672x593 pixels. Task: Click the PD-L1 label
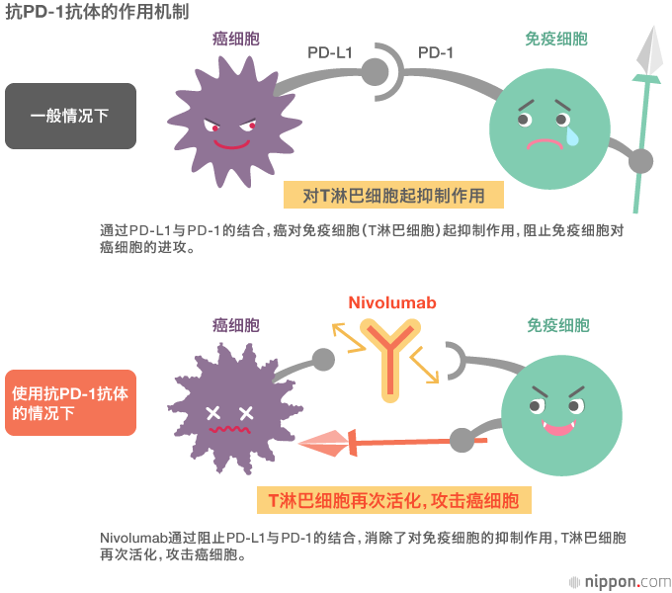pyautogui.click(x=330, y=52)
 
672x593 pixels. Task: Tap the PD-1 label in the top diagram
pyautogui.click(x=435, y=52)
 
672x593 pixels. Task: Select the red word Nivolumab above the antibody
pyautogui.click(x=391, y=303)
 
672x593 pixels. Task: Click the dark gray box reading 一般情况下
pyautogui.click(x=70, y=116)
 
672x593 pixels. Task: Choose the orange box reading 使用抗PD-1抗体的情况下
pyautogui.click(x=70, y=403)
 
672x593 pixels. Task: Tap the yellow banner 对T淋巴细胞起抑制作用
pyautogui.click(x=393, y=196)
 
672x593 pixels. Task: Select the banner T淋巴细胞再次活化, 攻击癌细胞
pyautogui.click(x=393, y=500)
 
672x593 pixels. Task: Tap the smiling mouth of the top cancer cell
pyautogui.click(x=231, y=143)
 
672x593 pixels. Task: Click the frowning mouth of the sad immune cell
pyautogui.click(x=542, y=142)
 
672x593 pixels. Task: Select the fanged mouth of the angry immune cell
pyautogui.click(x=558, y=429)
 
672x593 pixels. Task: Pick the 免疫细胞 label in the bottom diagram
pyautogui.click(x=557, y=325)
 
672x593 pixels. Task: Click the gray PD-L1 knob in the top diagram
pyautogui.click(x=375, y=71)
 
